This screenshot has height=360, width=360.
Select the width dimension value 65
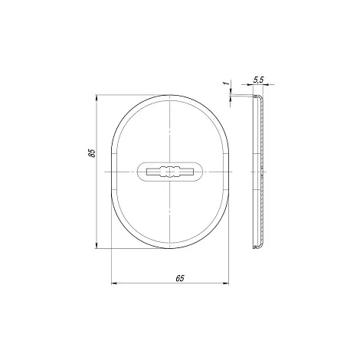(180, 278)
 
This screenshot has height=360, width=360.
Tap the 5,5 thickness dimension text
(258, 80)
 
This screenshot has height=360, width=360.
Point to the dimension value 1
(225, 83)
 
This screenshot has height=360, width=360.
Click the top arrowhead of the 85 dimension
(97, 98)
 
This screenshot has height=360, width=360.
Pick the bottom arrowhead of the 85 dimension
(97, 245)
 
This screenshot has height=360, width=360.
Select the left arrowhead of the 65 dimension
(114, 283)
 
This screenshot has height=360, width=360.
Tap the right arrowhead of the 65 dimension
(226, 283)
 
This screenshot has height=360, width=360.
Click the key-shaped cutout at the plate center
(169, 172)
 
